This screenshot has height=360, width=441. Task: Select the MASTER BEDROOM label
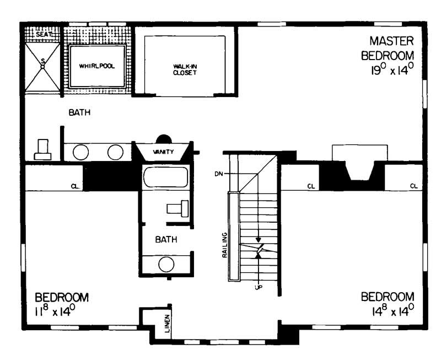pyautogui.click(x=391, y=49)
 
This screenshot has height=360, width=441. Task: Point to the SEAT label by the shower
pyautogui.click(x=43, y=34)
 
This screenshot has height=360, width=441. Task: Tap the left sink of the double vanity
pyautogui.click(x=81, y=152)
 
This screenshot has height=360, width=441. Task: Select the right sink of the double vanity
pyautogui.click(x=115, y=152)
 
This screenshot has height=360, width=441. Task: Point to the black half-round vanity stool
pyautogui.click(x=164, y=138)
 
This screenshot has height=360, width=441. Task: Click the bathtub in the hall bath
pyautogui.click(x=165, y=178)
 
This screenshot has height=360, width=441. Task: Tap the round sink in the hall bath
pyautogui.click(x=166, y=264)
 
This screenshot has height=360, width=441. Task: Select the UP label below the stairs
pyautogui.click(x=257, y=288)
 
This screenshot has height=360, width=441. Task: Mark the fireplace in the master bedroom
pyautogui.click(x=359, y=165)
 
